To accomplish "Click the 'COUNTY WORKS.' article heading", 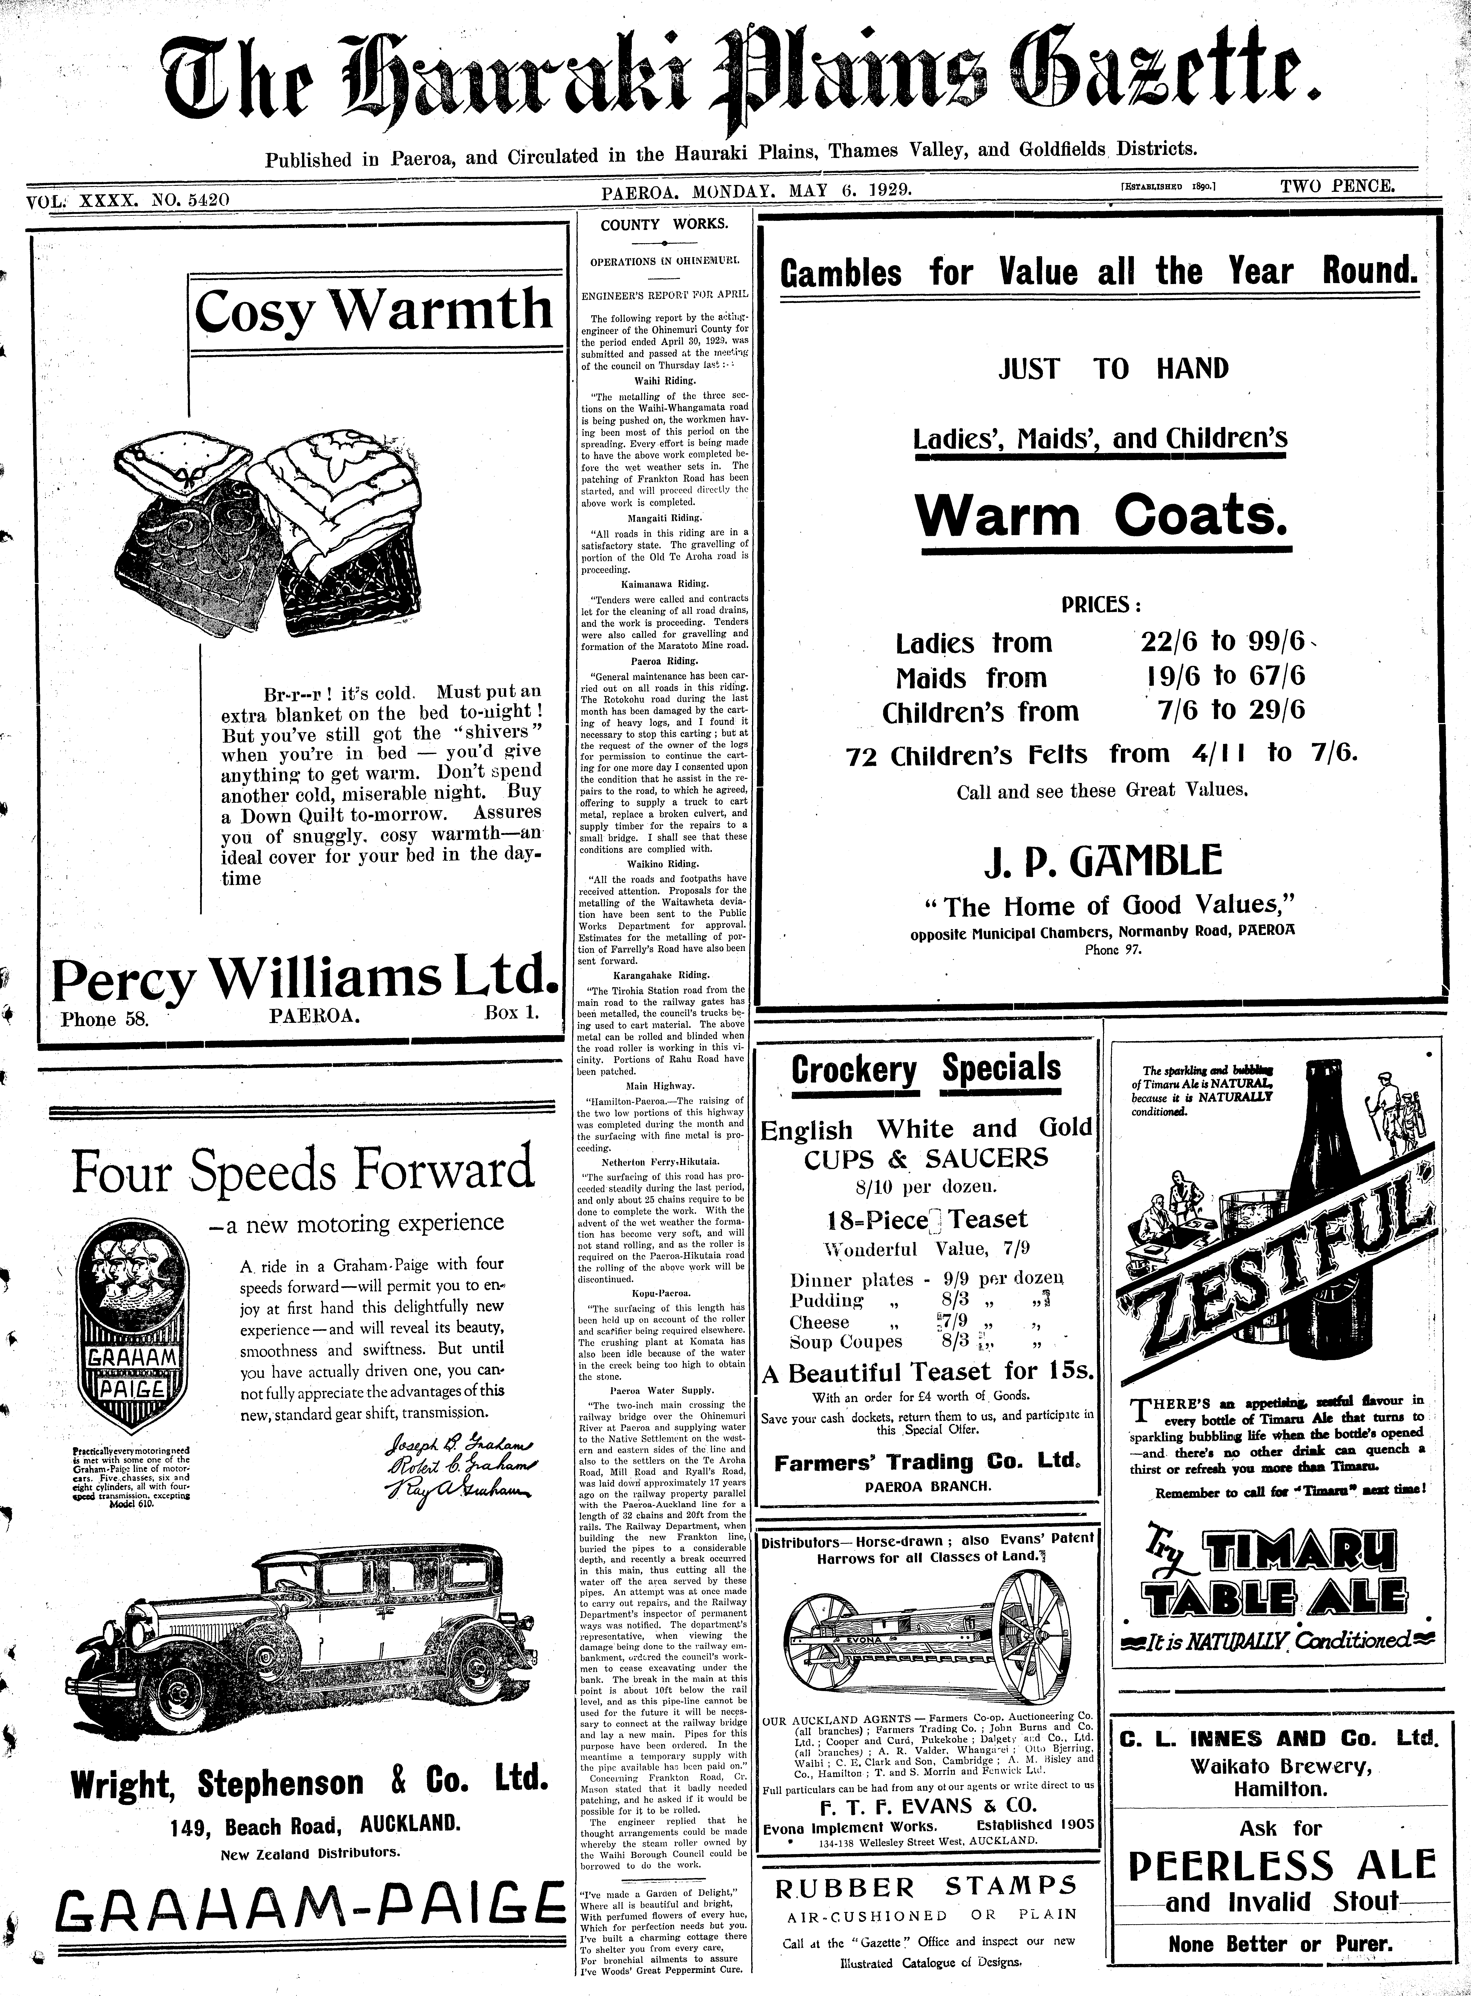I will [663, 225].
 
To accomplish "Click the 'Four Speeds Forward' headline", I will [303, 1172].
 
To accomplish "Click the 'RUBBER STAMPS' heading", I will [926, 1886].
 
